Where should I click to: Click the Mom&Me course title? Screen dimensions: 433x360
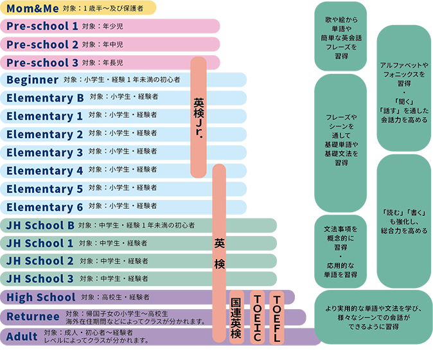coord(33,8)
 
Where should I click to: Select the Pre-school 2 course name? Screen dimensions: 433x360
coord(42,44)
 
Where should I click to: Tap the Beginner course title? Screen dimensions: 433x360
coord(33,80)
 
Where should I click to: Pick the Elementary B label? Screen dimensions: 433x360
coord(45,98)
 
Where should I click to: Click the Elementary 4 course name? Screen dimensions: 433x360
coord(45,171)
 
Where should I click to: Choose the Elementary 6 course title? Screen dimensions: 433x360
coord(45,207)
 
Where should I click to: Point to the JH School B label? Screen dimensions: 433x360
coord(40,226)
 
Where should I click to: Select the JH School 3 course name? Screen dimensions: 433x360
coord(40,279)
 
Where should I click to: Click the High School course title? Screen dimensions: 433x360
coord(41,297)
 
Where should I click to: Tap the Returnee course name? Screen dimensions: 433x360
coord(33,317)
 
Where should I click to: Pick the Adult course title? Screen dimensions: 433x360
coord(22,337)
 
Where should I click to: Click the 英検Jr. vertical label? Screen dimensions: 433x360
coord(199,118)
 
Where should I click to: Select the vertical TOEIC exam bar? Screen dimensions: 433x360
coord(258,317)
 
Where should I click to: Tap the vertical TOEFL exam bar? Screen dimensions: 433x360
coord(277,317)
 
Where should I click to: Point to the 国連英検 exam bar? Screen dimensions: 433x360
coord(236,317)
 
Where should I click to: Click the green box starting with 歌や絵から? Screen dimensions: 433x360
coord(340,36)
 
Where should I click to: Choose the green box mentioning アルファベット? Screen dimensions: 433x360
coord(403,88)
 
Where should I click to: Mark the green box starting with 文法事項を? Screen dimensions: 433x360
coord(340,251)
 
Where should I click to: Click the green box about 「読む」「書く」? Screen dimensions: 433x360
coord(403,221)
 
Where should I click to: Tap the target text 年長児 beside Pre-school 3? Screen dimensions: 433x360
coord(113,63)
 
